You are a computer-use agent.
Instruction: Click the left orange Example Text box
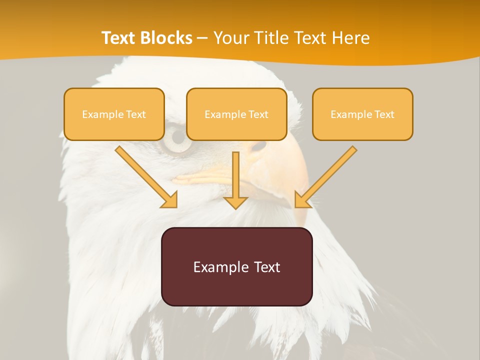pyautogui.click(x=114, y=114)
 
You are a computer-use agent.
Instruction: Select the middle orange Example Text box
pyautogui.click(x=236, y=114)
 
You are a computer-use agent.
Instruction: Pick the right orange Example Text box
pyautogui.click(x=362, y=114)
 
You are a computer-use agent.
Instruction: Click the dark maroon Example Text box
pyautogui.click(x=236, y=266)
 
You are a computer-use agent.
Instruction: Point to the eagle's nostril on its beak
pyautogui.click(x=259, y=146)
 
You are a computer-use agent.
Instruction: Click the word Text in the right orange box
pyautogui.click(x=384, y=114)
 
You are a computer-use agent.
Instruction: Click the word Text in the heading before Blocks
pyautogui.click(x=119, y=38)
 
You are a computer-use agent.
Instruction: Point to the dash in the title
pyautogui.click(x=202, y=38)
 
